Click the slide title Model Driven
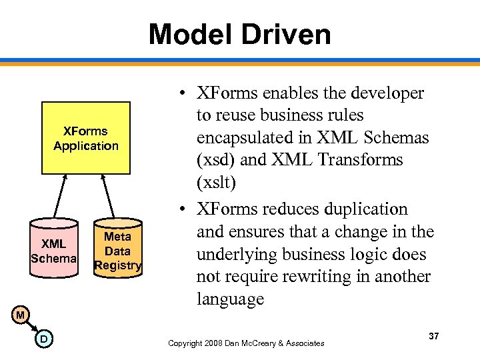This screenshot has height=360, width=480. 239,34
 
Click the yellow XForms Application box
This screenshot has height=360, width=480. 86,138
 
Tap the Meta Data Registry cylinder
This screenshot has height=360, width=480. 118,249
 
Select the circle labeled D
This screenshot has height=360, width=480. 43,340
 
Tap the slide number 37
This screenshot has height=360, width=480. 433,336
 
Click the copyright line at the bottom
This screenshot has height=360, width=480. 246,343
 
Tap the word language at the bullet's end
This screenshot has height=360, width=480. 229,299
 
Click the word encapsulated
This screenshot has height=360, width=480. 244,137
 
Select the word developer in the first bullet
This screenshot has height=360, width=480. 392,93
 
